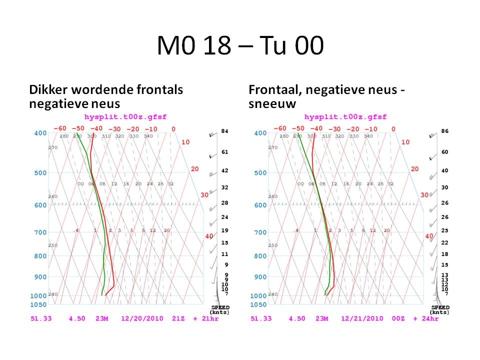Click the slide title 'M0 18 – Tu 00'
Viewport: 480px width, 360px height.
[x=240, y=46]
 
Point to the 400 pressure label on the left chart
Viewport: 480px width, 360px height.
[x=40, y=133]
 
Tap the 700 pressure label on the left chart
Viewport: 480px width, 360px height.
[x=40, y=232]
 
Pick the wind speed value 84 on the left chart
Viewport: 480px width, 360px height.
[x=225, y=131]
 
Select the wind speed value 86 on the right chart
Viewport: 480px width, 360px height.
[x=445, y=131]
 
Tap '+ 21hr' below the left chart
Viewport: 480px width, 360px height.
[x=206, y=318]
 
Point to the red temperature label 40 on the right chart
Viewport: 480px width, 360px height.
[x=429, y=236]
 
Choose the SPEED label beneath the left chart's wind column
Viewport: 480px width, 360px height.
[x=220, y=307]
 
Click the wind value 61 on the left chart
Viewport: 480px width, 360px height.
[x=225, y=152]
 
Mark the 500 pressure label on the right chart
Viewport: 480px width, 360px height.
[x=260, y=173]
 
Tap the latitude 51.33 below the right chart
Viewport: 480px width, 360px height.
[x=260, y=318]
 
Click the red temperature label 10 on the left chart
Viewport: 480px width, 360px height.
[x=185, y=142]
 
